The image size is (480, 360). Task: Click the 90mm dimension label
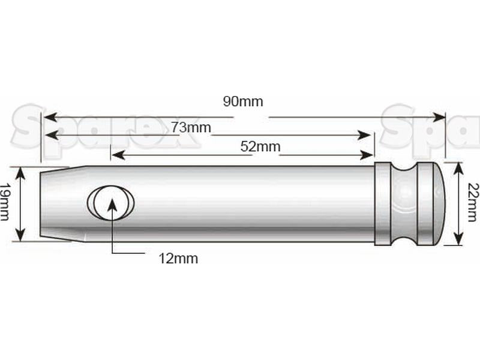pyautogui.click(x=243, y=101)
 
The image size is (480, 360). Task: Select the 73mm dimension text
pyautogui.click(x=191, y=127)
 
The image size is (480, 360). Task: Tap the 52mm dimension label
pyautogui.click(x=260, y=146)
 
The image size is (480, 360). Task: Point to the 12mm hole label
pyautogui.click(x=178, y=259)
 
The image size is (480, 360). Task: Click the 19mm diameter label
pyautogui.click(x=4, y=202)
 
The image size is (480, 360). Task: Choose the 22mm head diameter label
pyautogui.click(x=473, y=202)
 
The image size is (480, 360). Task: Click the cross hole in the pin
pyautogui.click(x=110, y=202)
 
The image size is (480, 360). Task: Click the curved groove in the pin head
pyautogui.click(x=404, y=203)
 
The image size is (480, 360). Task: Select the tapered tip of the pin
pyautogui.click(x=63, y=203)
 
